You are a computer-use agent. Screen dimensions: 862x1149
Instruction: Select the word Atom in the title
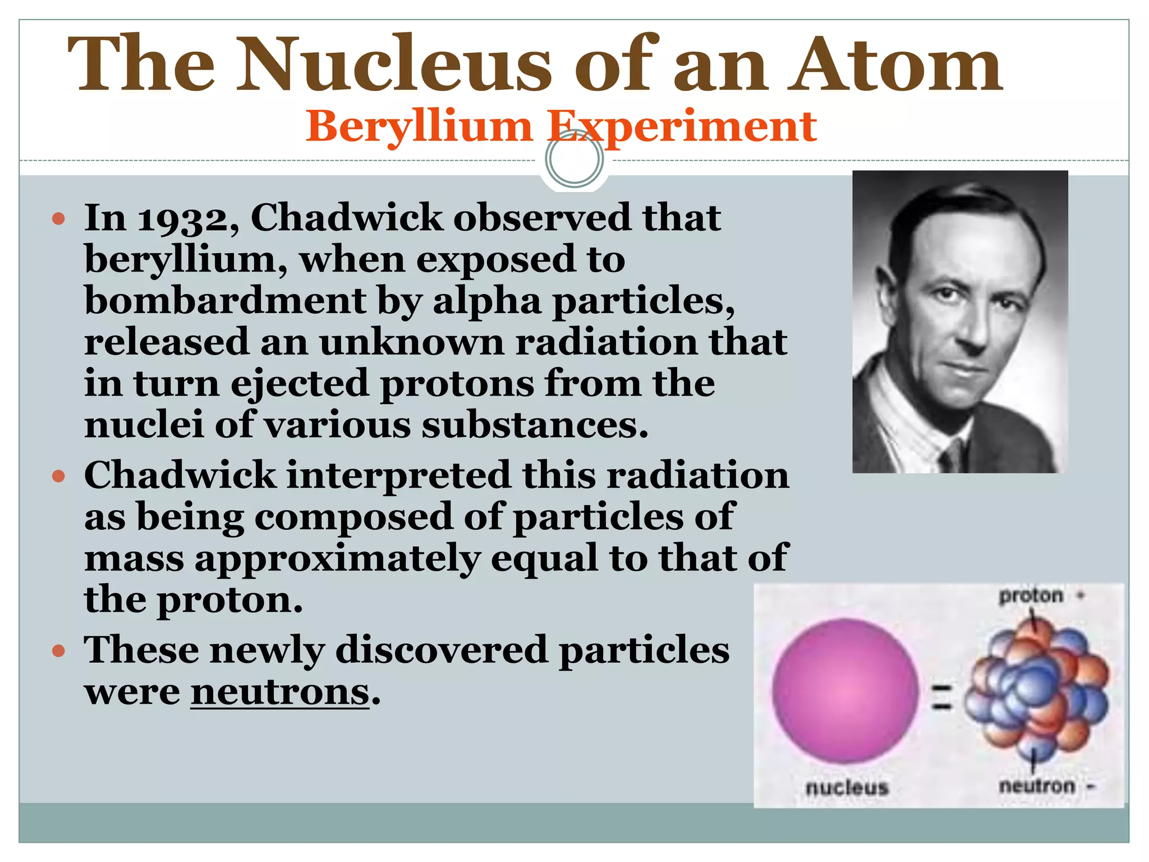coord(894,64)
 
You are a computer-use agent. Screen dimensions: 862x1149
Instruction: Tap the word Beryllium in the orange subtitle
coord(419,127)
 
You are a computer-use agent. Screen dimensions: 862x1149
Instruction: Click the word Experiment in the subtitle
coord(682,127)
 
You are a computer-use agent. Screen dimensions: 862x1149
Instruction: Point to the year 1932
coord(189,218)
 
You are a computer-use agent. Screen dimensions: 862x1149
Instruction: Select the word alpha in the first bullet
coord(486,301)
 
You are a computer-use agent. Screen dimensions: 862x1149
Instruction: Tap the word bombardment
coord(226,301)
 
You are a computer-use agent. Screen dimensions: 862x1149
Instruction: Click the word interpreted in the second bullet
coord(399,475)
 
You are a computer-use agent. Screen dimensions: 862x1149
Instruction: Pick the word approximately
coord(338,558)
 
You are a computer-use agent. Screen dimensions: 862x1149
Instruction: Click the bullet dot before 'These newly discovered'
coord(58,652)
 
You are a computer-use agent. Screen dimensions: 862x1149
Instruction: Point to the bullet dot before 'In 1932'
coord(58,218)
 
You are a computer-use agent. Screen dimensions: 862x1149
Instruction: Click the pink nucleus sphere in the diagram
coord(845,691)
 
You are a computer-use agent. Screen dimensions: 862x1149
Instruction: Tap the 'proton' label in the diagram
coord(1031,595)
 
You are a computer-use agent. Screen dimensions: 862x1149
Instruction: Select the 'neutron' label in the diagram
coord(1037,786)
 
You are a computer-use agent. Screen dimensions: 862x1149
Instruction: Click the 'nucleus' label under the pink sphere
coord(847,787)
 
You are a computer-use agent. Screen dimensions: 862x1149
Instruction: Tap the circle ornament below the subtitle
coord(574,159)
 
